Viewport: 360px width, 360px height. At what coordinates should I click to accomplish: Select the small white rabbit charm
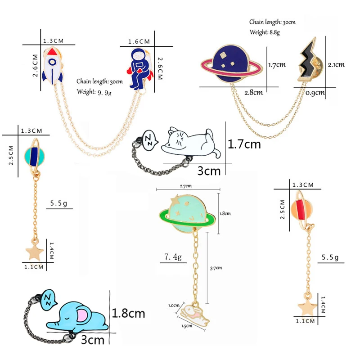(x=195, y=315)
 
